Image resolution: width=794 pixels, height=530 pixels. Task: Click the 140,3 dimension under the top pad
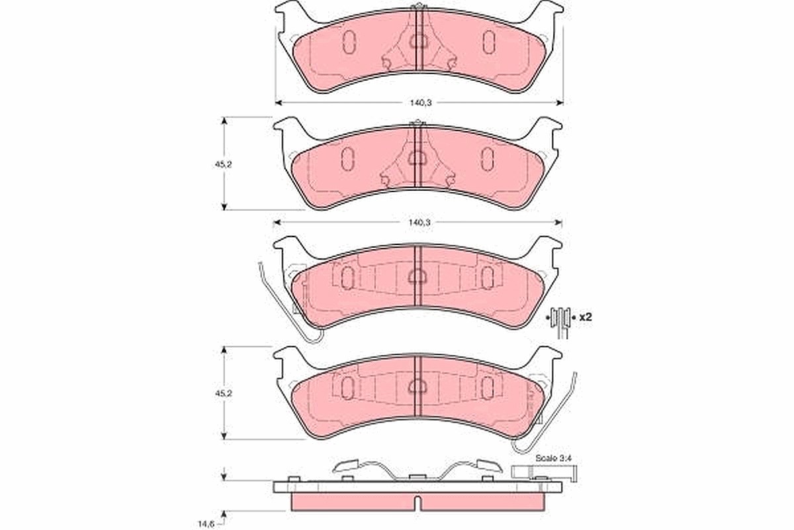coord(420,103)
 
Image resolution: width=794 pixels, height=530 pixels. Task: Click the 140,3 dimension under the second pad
coord(419,223)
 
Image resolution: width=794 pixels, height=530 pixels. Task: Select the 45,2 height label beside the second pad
coord(224,165)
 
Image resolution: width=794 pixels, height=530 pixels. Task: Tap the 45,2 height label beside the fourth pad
coord(224,394)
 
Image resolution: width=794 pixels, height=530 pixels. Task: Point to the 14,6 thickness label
coord(206,523)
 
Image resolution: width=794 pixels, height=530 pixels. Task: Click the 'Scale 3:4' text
coord(554,458)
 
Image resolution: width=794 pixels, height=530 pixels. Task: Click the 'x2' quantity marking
coord(586,317)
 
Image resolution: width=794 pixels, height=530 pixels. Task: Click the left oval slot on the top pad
coord(349,42)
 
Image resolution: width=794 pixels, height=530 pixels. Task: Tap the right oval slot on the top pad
coord(489,42)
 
